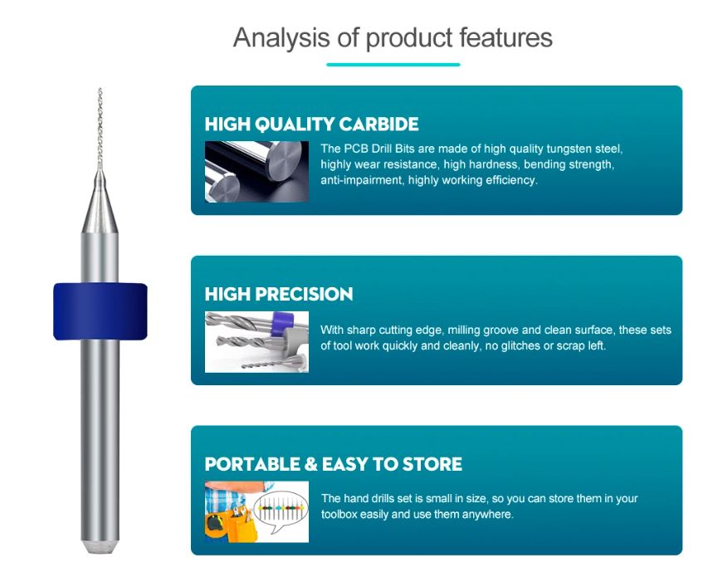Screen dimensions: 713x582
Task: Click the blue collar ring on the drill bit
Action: pyautogui.click(x=100, y=311)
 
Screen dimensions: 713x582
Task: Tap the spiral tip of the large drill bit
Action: pyautogui.click(x=100, y=129)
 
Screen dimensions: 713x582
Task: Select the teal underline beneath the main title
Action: pyautogui.click(x=393, y=65)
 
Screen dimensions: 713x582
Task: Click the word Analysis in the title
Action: pyautogui.click(x=281, y=37)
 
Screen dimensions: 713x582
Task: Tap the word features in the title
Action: pyautogui.click(x=505, y=37)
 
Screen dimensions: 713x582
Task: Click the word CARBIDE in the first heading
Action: pyautogui.click(x=378, y=125)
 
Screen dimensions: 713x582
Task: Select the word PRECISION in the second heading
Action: pyautogui.click(x=304, y=294)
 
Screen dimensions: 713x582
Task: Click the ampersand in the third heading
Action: pyautogui.click(x=311, y=464)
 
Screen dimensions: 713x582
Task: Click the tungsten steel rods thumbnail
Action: pyautogui.click(x=256, y=171)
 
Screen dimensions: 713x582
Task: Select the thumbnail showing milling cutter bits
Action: pyautogui.click(x=256, y=342)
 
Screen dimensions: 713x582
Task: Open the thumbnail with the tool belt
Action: pyautogui.click(x=256, y=512)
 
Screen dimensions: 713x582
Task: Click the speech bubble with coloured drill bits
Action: pyautogui.click(x=281, y=509)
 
